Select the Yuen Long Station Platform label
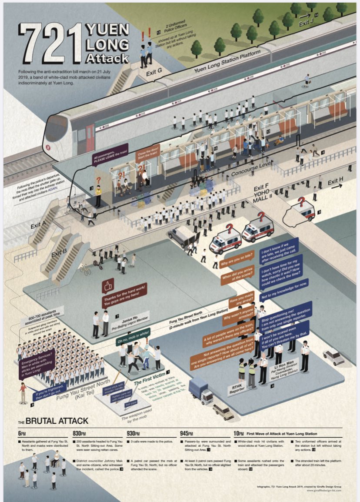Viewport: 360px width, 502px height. pos(227,61)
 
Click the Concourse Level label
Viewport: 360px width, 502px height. pos(252,168)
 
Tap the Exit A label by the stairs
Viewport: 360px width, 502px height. pos(38,225)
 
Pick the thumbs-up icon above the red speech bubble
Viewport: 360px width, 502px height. pos(108,286)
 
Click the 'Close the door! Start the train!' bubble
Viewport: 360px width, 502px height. pos(148,155)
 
